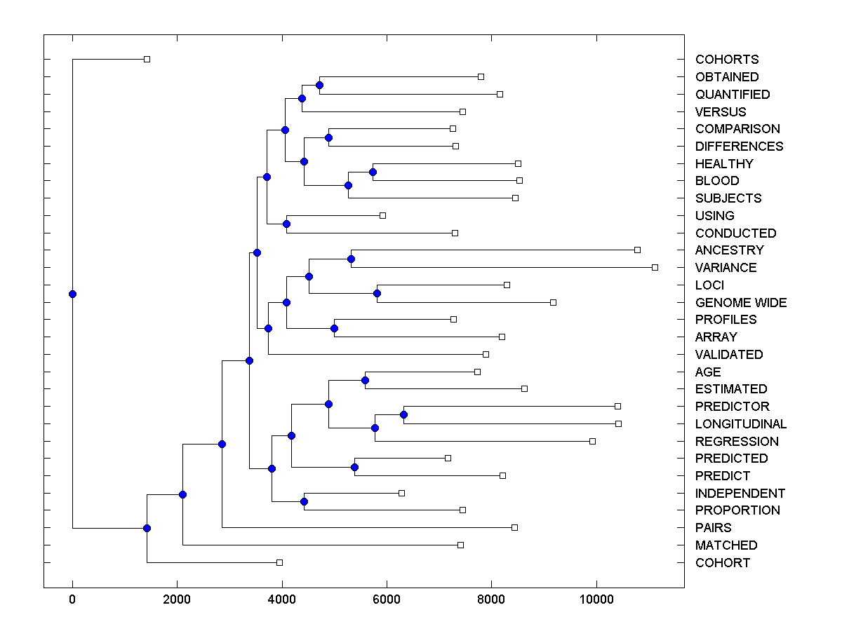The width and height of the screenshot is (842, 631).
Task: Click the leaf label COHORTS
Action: (727, 60)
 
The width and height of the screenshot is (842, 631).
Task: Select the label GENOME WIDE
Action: (741, 303)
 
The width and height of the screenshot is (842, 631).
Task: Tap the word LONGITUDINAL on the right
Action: (741, 424)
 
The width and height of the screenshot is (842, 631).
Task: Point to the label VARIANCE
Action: (726, 268)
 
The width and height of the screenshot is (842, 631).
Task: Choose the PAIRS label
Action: (713, 528)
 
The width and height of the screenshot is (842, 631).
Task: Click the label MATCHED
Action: (726, 545)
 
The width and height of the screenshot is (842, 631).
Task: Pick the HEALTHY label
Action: (724, 164)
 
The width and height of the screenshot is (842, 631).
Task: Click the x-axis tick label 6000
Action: (387, 598)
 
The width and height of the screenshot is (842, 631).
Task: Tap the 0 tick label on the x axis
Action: (72, 598)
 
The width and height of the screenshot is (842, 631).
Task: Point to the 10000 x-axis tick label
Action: (596, 598)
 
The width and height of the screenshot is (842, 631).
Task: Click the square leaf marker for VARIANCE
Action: (655, 267)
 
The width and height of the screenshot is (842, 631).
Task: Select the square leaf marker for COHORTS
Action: (147, 59)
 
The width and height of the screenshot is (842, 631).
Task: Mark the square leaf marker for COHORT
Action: (279, 562)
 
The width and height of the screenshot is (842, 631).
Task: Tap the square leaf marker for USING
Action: (382, 215)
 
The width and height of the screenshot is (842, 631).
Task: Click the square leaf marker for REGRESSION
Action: (592, 441)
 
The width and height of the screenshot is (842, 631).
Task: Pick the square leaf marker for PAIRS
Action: (514, 527)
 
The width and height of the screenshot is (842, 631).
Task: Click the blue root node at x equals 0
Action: (72, 294)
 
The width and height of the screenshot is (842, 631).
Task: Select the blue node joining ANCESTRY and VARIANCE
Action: (351, 259)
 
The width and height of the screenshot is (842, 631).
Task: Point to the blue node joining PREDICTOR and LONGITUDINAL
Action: (403, 414)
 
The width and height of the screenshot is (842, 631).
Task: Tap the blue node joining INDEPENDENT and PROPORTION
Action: (304, 501)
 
